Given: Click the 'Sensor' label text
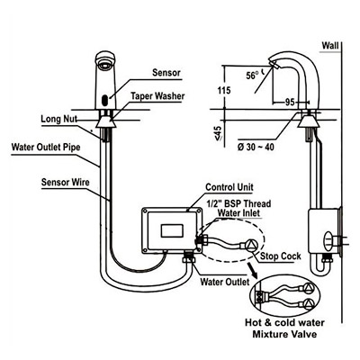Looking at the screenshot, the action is coord(166,72).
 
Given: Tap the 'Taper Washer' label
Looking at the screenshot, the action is coord(157,96).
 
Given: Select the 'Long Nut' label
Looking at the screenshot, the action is coord(58,119).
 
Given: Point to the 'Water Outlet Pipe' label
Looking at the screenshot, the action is coord(46,148).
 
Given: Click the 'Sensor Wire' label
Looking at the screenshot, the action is coord(65,182).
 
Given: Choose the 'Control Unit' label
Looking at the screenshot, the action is coord(229,187).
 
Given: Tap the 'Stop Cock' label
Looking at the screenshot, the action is coord(281,256).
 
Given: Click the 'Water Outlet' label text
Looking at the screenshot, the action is coord(225,282).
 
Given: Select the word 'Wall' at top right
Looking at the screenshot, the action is coord(330,46).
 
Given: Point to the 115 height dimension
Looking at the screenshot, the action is coord(224,90).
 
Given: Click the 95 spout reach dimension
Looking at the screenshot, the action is coord(290,103).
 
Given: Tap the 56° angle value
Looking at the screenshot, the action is coord(253,76).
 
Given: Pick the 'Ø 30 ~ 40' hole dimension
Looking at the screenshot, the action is coord(256,148).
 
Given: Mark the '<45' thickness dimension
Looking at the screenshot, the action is coord(219,133).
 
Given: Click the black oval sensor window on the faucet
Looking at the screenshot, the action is coord(105,100).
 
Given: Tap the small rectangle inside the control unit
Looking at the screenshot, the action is coord(172,231).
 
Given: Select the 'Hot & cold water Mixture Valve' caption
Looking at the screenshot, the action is coord(284,328).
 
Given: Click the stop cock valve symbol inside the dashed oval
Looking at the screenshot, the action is coord(250,246).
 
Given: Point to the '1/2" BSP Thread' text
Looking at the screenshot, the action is coord(238,203).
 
